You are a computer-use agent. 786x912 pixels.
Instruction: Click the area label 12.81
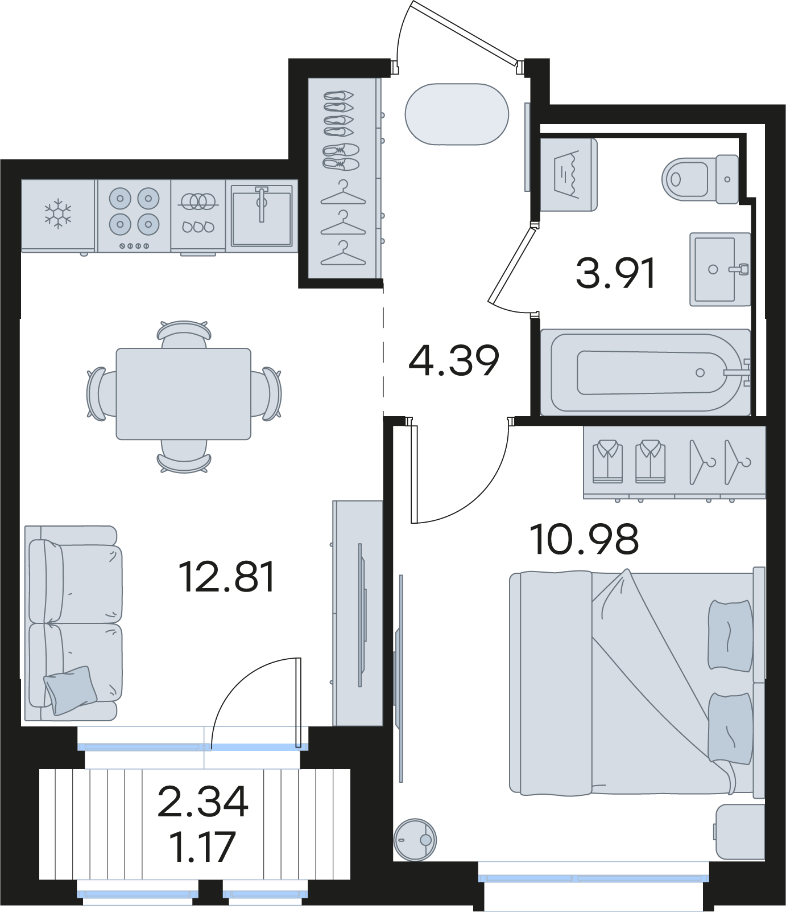[x=227, y=576]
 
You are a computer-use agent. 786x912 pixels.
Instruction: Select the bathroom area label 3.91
[x=616, y=273]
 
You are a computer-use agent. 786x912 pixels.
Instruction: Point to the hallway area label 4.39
[x=454, y=360]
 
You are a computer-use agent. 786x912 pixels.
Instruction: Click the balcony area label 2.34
[x=203, y=802]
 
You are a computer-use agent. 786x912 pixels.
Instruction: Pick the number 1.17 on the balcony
[x=202, y=847]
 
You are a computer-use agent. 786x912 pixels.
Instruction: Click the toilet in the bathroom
[x=700, y=179]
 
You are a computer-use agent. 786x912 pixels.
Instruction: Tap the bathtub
[x=646, y=372]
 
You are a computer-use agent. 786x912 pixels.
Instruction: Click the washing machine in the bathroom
[x=568, y=175]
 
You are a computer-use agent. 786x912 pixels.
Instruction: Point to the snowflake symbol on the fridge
[x=58, y=214]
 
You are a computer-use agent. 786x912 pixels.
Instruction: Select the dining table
[x=184, y=394]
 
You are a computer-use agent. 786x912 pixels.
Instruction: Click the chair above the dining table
[x=184, y=334]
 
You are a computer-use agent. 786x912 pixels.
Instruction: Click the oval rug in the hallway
[x=457, y=114]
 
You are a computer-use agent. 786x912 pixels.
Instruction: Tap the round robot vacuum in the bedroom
[x=415, y=840]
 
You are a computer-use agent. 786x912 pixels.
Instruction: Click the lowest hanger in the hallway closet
[x=343, y=253]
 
